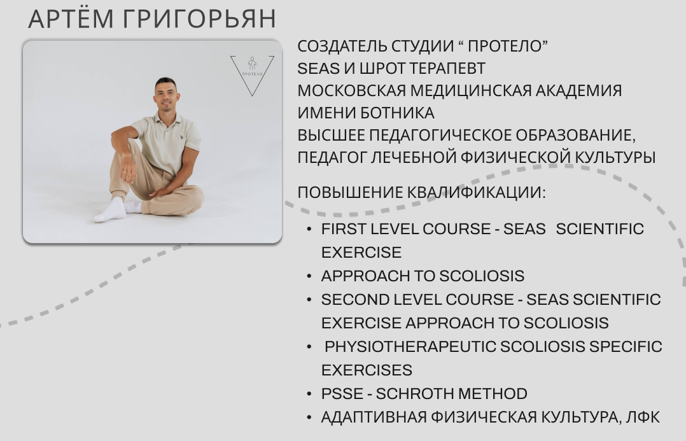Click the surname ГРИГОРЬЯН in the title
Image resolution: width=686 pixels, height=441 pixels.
[x=199, y=19]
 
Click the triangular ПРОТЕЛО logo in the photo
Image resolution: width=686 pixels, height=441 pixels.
[x=253, y=75]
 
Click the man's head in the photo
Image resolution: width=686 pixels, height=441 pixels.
[x=166, y=94]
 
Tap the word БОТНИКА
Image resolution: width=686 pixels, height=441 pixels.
[x=398, y=113]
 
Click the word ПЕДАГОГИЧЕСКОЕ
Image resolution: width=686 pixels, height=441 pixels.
[x=440, y=135]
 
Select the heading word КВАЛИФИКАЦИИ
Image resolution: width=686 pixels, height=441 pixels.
[x=477, y=192]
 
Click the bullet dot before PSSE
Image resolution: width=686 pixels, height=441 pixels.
[x=309, y=394]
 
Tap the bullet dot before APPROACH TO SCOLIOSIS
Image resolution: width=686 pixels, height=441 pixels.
[x=309, y=276]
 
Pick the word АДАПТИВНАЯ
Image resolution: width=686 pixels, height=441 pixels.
[x=374, y=417]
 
